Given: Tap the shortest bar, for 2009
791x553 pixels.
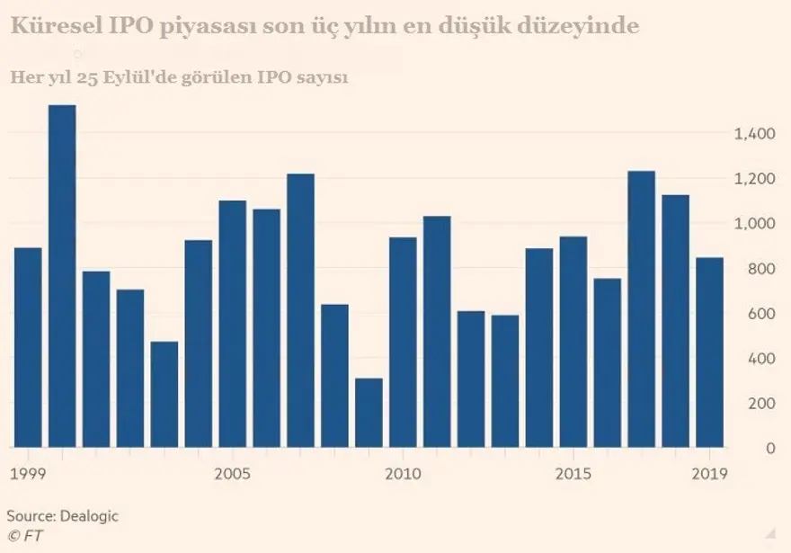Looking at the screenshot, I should (369, 413).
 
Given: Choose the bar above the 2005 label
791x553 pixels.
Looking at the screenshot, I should (233, 324).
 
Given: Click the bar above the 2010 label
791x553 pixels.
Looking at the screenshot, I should (403, 342).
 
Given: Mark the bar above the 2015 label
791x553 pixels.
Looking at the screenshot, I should (573, 342).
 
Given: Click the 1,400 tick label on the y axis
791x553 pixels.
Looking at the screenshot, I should (753, 134).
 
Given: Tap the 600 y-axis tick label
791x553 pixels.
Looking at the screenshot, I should (760, 314).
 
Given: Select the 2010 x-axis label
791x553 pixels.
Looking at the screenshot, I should (402, 474).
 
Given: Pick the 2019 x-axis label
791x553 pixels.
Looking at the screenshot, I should (710, 474).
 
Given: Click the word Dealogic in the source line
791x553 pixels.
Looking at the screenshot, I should (88, 516).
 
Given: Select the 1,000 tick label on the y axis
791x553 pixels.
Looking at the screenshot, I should (753, 224).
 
